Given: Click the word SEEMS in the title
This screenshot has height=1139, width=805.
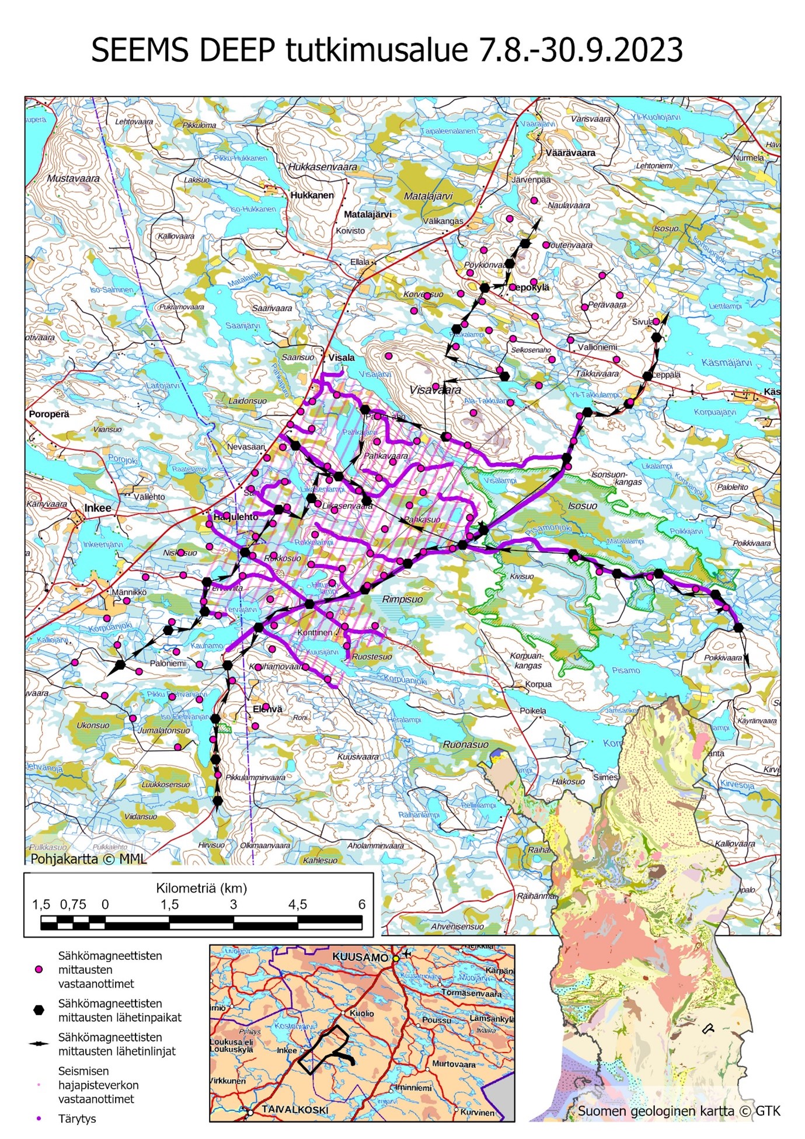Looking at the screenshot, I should click(140, 51).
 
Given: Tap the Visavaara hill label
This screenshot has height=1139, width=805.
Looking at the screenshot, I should click(435, 390).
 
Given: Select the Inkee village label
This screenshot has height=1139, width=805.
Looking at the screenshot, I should click(97, 508).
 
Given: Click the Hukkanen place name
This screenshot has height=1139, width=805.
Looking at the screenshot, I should click(312, 195).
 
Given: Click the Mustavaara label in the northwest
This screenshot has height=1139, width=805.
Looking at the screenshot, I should click(74, 178).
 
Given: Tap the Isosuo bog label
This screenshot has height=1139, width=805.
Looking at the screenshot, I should click(583, 506).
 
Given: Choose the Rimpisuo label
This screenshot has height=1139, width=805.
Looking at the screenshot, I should click(402, 599).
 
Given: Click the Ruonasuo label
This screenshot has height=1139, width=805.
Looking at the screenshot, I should click(465, 744).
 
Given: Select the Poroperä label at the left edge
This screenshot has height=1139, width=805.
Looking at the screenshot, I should click(49, 414).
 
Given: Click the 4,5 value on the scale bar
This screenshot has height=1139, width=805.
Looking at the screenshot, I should click(297, 904).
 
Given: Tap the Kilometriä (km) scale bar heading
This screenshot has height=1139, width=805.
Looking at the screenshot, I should click(201, 888).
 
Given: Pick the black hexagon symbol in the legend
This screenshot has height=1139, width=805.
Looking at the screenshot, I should click(39, 1010).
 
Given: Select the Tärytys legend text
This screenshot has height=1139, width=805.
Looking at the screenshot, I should click(77, 1119).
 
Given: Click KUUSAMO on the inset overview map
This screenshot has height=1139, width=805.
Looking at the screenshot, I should click(360, 957).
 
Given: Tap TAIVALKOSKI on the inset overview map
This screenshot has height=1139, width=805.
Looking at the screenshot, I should click(296, 1109).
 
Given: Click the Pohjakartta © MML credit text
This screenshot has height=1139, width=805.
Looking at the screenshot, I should click(89, 859).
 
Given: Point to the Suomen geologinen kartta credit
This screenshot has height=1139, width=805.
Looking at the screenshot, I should click(678, 1111).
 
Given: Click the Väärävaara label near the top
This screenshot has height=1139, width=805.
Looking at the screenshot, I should click(570, 153).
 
